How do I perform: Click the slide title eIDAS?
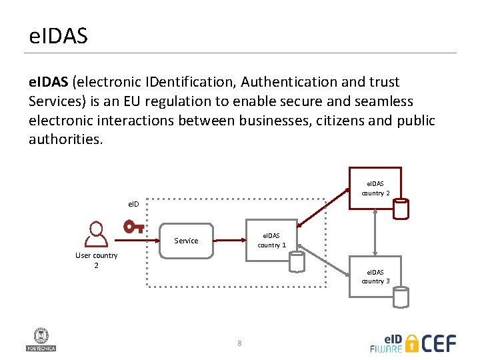point(58,36)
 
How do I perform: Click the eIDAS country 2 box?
point(375,188)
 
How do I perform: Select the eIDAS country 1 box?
point(271,240)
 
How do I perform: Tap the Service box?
point(186,241)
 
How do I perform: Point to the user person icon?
point(97,234)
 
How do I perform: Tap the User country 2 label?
point(96,260)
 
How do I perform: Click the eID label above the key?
point(133,204)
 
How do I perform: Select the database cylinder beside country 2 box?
point(401,208)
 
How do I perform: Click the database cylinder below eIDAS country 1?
point(297,261)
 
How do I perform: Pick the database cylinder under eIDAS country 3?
point(401,297)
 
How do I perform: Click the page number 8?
point(239,344)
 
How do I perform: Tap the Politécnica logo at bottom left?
point(41,339)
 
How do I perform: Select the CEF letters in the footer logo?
point(440,343)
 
